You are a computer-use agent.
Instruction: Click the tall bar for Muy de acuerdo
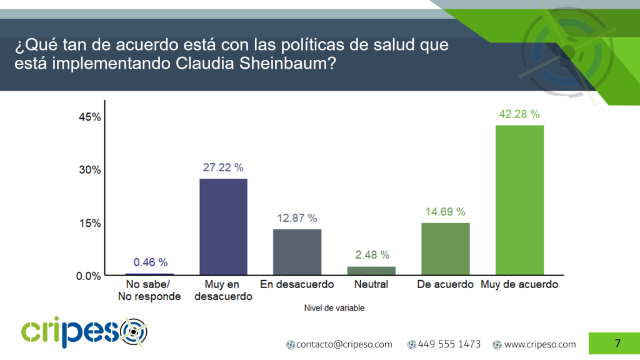[x=519, y=200]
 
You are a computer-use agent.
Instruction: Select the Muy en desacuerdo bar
[x=223, y=227]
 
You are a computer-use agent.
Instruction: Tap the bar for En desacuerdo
[x=297, y=252]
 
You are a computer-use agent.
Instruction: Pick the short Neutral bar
[x=371, y=271]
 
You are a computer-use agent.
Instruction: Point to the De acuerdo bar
[x=445, y=249]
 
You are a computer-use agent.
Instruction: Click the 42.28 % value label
[x=519, y=114]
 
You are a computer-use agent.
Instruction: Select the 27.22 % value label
[x=223, y=167]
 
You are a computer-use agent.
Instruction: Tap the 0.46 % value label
[x=151, y=262]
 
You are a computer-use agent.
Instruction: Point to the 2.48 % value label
[x=372, y=255]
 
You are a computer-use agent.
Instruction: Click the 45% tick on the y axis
[x=90, y=117]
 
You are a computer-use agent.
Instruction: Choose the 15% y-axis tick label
[x=90, y=223]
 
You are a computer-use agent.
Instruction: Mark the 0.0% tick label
[x=89, y=276]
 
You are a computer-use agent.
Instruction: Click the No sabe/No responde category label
[x=149, y=290]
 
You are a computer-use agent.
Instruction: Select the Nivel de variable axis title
[x=334, y=308]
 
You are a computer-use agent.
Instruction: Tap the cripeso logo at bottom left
[x=84, y=332]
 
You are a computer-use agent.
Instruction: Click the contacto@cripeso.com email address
[x=344, y=344]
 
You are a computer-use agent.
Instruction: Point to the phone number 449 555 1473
[x=449, y=344]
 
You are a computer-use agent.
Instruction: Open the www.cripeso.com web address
[x=540, y=344]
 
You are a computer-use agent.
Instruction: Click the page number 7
[x=617, y=343]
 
